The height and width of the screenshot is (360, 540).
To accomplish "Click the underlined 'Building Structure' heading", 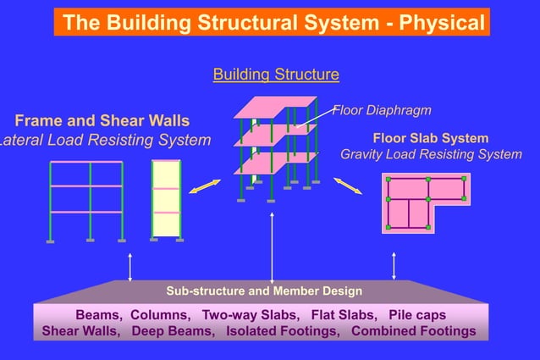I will point(276,75).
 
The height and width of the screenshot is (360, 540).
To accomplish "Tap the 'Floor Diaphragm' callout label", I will point(383,110).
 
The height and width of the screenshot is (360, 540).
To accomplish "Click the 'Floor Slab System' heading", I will point(430,137).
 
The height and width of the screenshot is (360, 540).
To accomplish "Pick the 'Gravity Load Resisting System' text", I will point(431,154).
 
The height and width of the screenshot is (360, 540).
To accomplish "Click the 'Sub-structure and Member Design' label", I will point(264,291).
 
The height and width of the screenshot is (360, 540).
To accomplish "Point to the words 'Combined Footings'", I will point(413,330).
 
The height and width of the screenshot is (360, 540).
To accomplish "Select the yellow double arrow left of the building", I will point(204,186).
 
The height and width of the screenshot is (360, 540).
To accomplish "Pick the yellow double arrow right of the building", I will point(347,186).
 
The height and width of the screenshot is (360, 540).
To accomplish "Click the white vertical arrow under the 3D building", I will point(272,246).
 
